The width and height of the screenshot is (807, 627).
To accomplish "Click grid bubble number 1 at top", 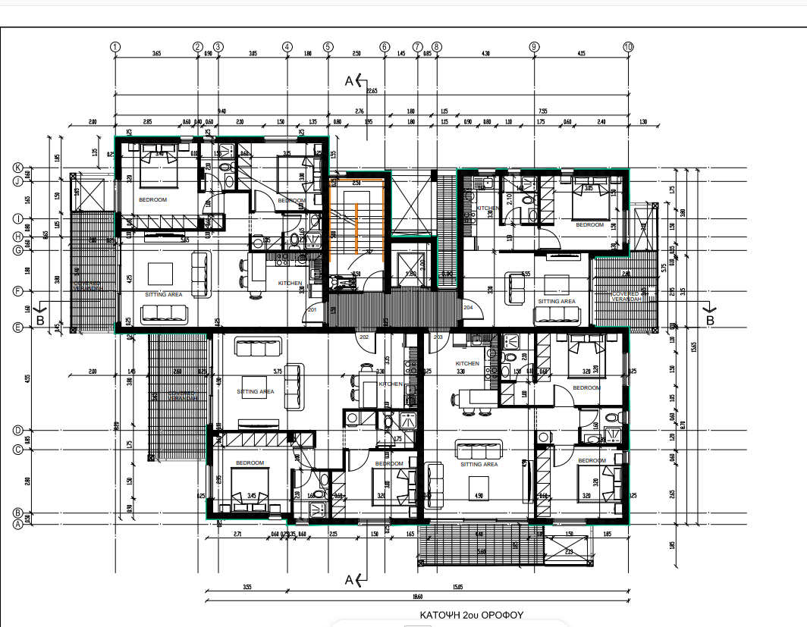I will [115, 46].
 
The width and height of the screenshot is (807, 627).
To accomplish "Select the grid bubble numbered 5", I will [328, 46].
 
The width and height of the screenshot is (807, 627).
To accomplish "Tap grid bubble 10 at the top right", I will [628, 46].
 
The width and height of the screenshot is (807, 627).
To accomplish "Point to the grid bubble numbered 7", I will [417, 46].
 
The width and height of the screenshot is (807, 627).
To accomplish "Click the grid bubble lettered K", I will [17, 168].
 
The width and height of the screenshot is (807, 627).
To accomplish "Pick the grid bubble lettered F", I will [17, 290].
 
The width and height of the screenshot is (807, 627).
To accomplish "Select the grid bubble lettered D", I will [17, 430].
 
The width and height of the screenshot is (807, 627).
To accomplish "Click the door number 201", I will [311, 309].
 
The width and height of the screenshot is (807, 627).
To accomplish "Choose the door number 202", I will [363, 337].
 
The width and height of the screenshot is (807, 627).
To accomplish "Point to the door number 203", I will [438, 337].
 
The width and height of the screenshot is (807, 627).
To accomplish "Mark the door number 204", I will [468, 308].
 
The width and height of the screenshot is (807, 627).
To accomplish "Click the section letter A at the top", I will [350, 80].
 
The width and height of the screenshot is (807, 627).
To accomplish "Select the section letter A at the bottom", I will [350, 580].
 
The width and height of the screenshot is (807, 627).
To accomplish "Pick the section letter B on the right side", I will [710, 321].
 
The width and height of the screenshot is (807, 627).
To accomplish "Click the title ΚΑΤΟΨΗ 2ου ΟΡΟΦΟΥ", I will [463, 614].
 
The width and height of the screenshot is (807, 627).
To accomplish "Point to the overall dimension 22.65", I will [371, 91].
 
